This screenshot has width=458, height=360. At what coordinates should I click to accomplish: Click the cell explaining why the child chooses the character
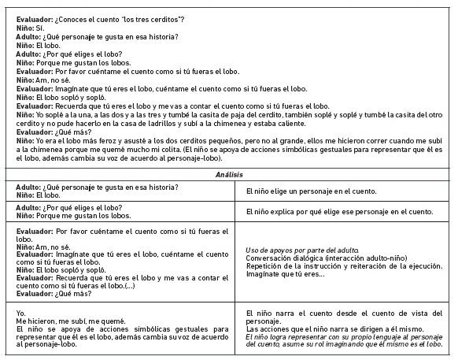(x=339, y=211)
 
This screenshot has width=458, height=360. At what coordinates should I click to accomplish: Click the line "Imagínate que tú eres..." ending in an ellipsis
(x=286, y=274)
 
